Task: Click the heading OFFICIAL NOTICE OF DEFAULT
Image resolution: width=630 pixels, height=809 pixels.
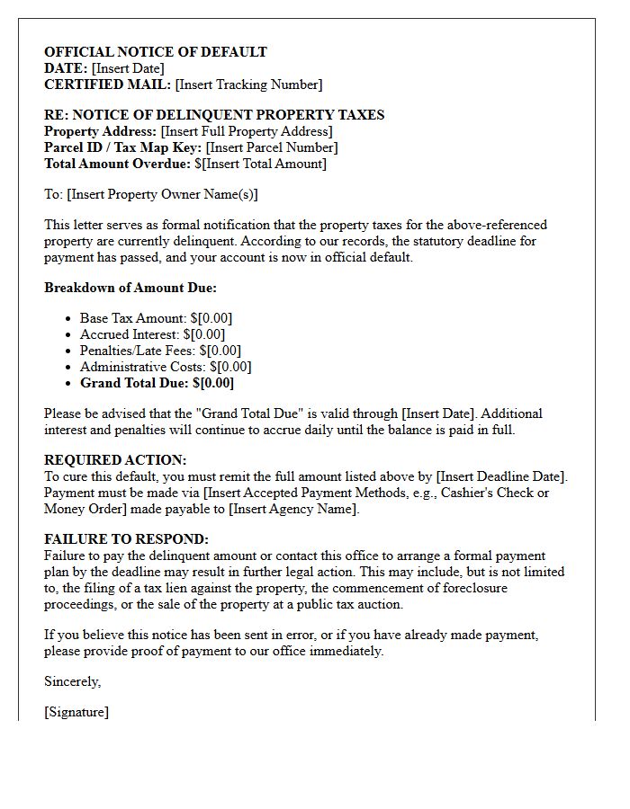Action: [156, 52]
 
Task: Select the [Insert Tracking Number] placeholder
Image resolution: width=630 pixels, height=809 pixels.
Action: [248, 84]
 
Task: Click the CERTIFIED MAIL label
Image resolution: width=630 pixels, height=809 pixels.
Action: [107, 84]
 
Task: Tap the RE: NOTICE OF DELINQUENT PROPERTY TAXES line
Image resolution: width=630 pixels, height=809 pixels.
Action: [214, 115]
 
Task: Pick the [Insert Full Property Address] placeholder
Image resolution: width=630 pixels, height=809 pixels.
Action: [246, 131]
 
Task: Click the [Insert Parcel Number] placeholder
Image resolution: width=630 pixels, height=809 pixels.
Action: [272, 147]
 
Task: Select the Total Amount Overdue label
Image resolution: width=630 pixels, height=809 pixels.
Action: [117, 164]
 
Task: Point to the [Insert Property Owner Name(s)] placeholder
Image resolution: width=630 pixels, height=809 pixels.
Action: [162, 194]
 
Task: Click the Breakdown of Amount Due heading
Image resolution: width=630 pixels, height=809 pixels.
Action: [130, 288]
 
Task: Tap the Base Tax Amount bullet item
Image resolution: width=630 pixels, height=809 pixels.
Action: [157, 318]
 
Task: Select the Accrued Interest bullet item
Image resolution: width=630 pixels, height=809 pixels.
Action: [152, 334]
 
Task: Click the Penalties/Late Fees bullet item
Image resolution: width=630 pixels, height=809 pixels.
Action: [160, 351]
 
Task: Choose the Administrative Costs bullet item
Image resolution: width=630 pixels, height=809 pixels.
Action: [166, 367]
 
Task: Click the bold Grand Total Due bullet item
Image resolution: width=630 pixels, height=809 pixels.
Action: [157, 383]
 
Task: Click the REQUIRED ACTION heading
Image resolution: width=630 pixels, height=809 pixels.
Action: [115, 459]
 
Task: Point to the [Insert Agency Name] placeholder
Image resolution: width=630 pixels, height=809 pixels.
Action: [292, 509]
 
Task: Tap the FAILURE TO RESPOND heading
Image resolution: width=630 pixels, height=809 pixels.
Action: [126, 539]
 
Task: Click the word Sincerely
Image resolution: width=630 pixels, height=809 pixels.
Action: [73, 681]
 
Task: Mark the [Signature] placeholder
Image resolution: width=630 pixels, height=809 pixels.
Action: [76, 712]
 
